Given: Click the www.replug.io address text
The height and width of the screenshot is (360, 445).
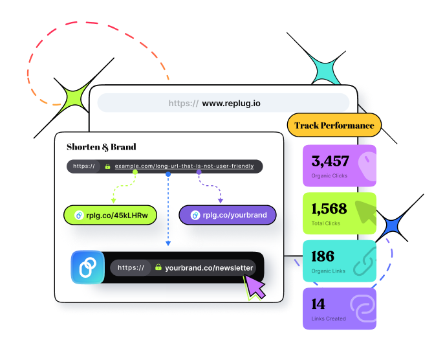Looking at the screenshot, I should (x=231, y=103).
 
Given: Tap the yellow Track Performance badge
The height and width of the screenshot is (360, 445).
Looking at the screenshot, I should (x=334, y=125).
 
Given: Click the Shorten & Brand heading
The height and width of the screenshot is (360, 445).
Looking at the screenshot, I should (x=102, y=147).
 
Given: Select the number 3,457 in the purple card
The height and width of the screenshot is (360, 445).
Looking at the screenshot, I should (x=330, y=161).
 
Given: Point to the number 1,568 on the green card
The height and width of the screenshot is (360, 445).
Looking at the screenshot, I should (x=329, y=208).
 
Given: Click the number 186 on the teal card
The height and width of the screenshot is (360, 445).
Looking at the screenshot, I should (x=322, y=256).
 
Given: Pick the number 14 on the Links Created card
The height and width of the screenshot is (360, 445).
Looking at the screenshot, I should (x=318, y=304).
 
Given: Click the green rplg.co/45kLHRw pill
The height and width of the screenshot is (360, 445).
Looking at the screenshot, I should (x=111, y=215).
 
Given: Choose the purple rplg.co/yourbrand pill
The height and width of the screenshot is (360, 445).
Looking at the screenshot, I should (x=228, y=215).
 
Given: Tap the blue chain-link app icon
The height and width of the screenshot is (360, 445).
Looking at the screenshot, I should (x=87, y=267).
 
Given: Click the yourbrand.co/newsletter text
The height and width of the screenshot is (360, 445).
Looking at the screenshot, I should (x=210, y=267).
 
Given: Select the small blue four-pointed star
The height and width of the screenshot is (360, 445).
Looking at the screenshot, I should (x=391, y=227).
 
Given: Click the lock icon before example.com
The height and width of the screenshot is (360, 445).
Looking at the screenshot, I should (x=108, y=166).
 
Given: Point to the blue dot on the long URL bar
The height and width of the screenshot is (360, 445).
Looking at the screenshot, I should (x=168, y=174).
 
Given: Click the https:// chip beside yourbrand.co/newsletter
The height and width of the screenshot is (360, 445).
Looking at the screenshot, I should (x=131, y=267).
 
